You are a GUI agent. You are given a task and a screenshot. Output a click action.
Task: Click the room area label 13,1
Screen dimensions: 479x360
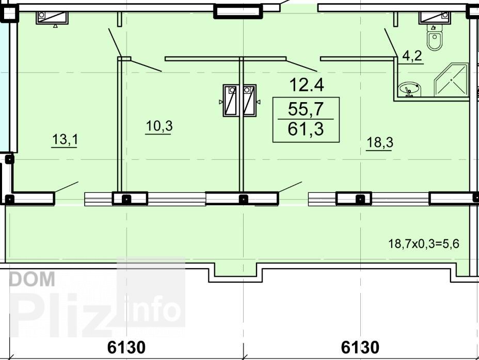pos(65,139)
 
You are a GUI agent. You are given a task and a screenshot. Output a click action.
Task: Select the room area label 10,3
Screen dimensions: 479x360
pos(159,126)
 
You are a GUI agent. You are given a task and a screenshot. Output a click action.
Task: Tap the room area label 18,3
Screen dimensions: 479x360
pos(380,142)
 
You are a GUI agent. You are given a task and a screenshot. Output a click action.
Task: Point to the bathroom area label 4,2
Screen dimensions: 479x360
pos(412,56)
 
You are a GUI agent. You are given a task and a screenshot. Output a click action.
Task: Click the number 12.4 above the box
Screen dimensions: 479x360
pos(307,85)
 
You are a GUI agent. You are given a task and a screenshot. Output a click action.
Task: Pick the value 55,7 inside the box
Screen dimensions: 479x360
pos(306,108)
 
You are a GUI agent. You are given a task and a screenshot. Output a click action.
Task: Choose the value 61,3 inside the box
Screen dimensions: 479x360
pos(306,128)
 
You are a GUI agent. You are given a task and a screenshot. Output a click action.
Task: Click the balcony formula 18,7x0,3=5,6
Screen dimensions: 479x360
pos(424,243)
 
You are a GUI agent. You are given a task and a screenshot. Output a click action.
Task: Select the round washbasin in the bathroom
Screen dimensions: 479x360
pos(409,89)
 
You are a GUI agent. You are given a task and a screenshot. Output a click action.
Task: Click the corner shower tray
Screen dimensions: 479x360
pos(451,80)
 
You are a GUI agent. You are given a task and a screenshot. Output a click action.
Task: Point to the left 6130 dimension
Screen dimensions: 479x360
pos(126,347)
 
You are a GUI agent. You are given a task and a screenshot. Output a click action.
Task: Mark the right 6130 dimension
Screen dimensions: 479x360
pos(360,347)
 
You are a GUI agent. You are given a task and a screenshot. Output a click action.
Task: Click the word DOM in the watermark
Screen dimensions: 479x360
pos(33,279)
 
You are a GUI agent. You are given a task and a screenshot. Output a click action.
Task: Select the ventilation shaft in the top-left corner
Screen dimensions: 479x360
pos(52,18)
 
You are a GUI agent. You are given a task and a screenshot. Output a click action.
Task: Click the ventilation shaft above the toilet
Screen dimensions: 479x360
pos(435,18)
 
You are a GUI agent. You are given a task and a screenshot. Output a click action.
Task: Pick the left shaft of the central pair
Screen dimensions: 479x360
pos(231,100)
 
